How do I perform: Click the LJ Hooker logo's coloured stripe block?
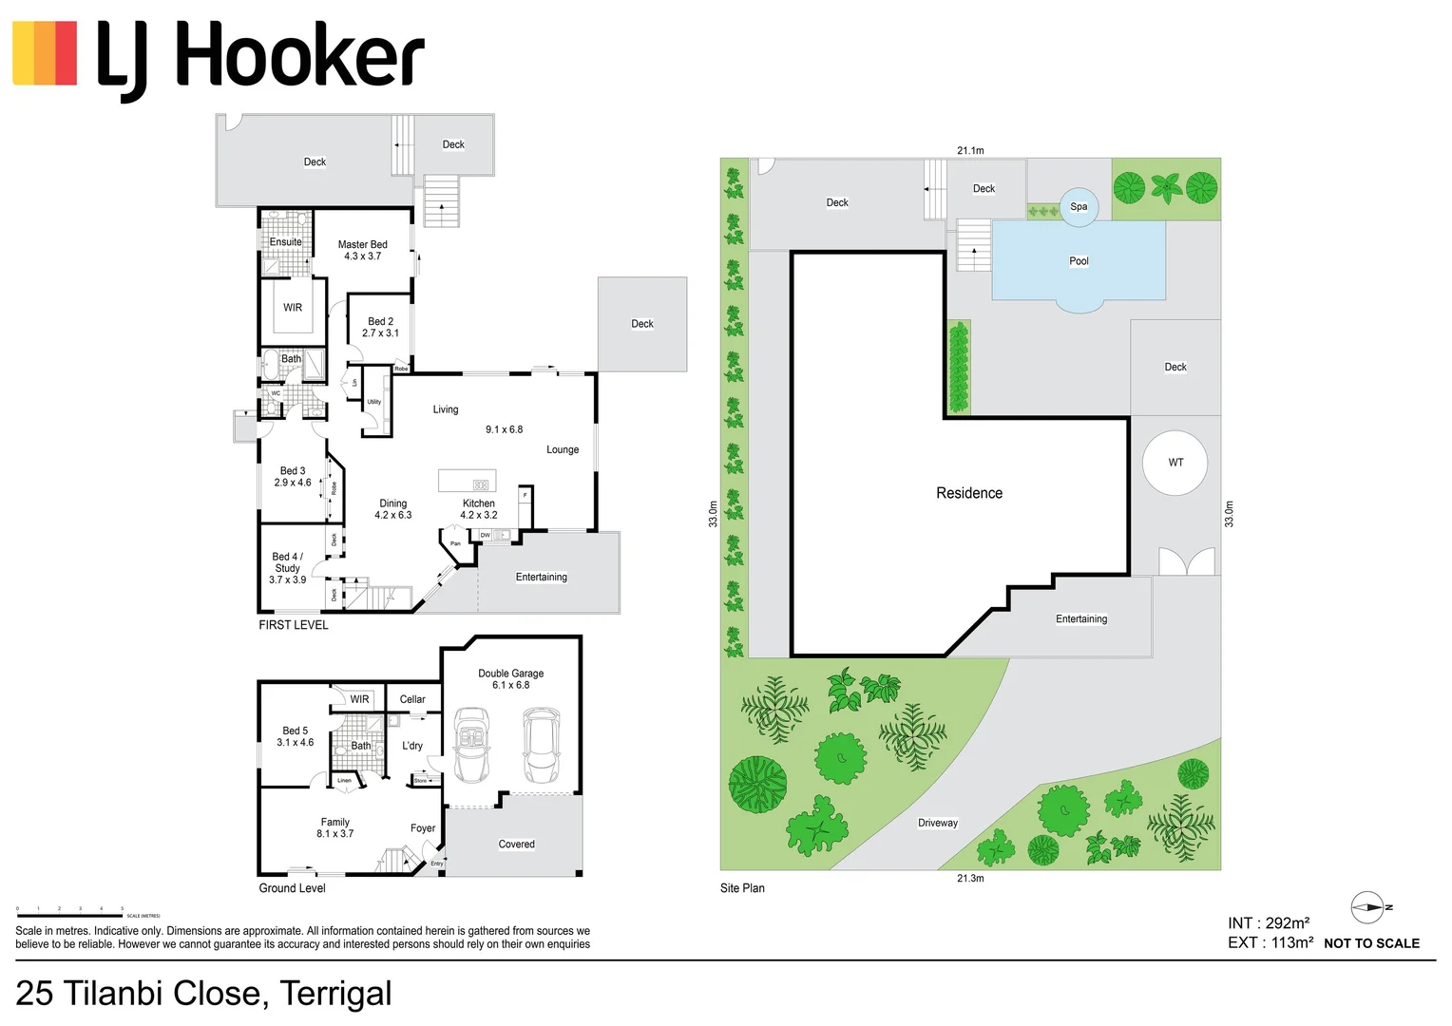click(45, 54)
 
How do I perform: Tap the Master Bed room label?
click(362, 245)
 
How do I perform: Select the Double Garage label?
click(510, 674)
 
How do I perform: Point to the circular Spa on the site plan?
click(1079, 207)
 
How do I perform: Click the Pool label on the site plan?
click(1079, 261)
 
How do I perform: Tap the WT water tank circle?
click(1175, 463)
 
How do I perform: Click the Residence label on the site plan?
click(968, 493)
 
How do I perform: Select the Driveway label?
click(937, 823)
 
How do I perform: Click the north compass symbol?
click(1368, 907)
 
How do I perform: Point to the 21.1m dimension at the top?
click(970, 150)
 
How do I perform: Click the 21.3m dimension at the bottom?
click(970, 879)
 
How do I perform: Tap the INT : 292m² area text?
click(1268, 923)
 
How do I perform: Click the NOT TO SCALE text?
click(1371, 943)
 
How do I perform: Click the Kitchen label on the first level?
click(478, 503)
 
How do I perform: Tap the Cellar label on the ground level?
click(412, 699)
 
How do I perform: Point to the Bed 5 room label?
click(295, 731)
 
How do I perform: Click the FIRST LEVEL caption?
click(294, 625)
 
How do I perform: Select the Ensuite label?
click(285, 242)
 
